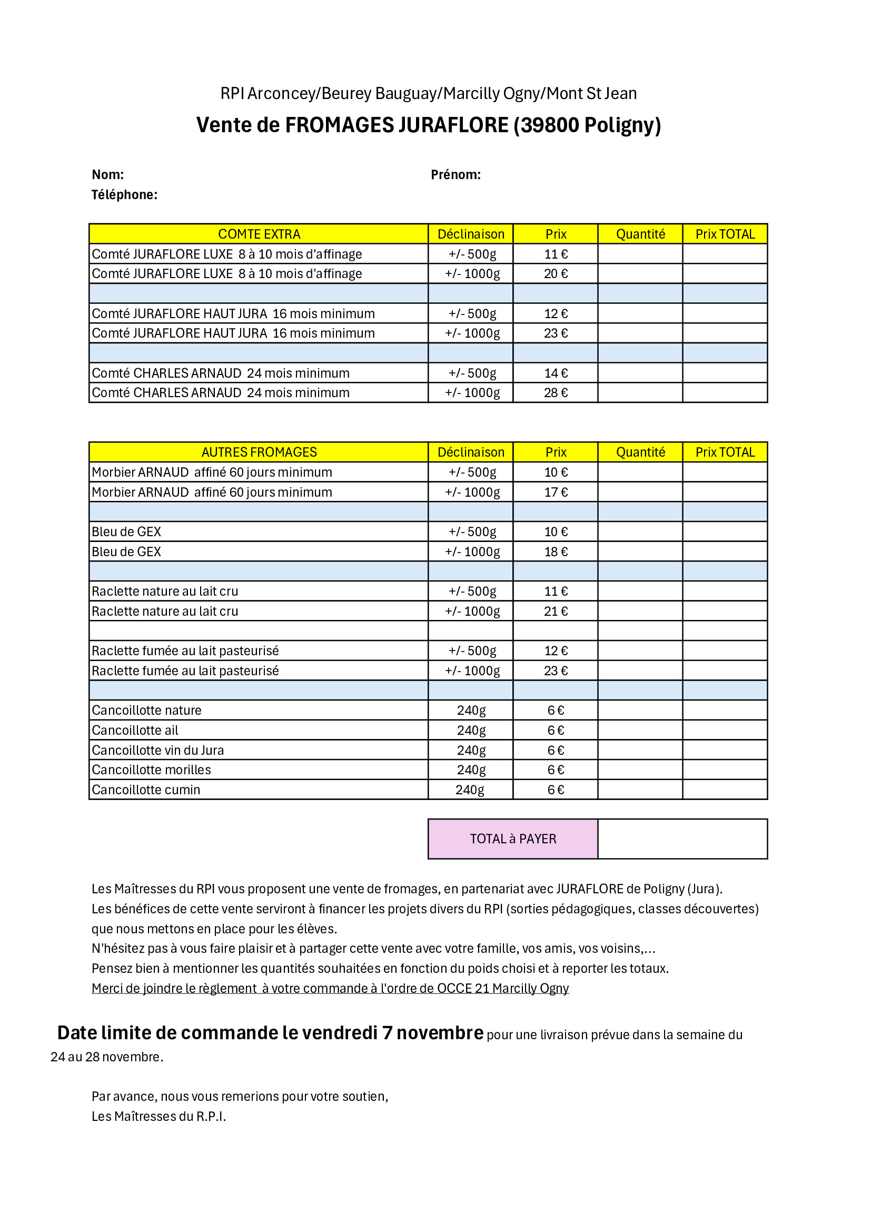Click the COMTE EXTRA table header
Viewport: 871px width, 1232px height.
[259, 234]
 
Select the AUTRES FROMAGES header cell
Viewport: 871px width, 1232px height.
[259, 452]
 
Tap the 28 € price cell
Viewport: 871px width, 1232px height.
[555, 393]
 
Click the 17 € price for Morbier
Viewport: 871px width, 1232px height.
[555, 492]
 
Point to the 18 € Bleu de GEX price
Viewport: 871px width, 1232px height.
[555, 551]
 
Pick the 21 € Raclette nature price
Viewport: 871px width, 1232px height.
[555, 611]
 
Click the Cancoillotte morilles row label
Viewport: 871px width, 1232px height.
[151, 770]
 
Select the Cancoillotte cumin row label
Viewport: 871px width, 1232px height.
[146, 790]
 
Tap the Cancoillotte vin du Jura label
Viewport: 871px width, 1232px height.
[157, 750]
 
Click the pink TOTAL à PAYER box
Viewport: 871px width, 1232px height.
[513, 839]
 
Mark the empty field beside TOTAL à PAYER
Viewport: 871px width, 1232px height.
[682, 839]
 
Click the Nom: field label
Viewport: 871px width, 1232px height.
[108, 174]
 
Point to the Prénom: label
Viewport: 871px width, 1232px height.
[456, 174]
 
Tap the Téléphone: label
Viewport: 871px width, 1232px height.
[124, 195]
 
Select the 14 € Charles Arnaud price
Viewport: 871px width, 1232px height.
[555, 373]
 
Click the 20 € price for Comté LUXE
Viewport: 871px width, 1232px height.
[555, 274]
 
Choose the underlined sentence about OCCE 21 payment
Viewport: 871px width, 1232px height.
[330, 988]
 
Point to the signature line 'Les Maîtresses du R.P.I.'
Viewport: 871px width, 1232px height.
[159, 1116]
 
